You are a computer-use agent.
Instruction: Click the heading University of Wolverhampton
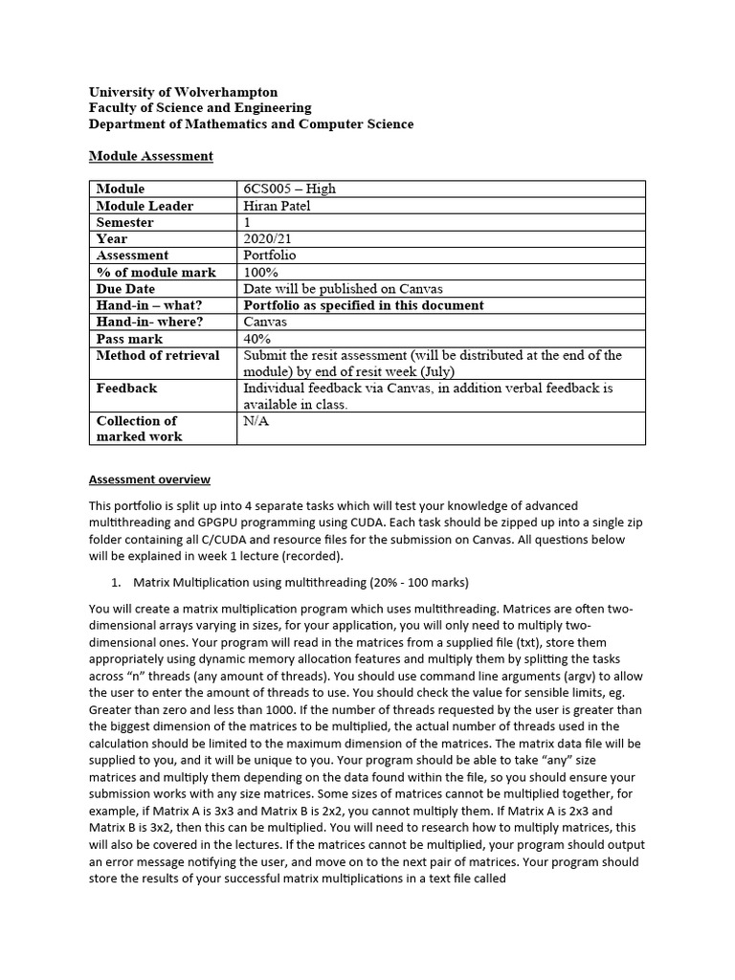click(x=183, y=92)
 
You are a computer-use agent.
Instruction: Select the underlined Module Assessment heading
click(x=150, y=155)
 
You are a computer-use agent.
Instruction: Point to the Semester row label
click(x=124, y=222)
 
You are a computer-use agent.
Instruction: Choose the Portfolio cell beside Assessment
click(x=270, y=256)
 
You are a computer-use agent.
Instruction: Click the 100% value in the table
click(x=261, y=272)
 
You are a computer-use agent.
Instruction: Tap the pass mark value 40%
click(x=257, y=339)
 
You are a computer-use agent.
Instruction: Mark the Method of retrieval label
click(x=158, y=355)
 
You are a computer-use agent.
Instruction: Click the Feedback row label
click(x=126, y=388)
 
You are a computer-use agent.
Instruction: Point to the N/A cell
click(x=257, y=421)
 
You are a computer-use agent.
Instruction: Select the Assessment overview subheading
click(x=149, y=479)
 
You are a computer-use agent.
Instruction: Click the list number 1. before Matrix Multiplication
click(x=118, y=581)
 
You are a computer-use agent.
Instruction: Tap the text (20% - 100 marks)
click(x=408, y=581)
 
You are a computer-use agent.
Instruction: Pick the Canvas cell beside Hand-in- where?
click(x=266, y=322)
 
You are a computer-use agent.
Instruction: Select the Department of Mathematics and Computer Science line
click(x=251, y=124)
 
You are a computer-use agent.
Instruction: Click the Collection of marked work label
click(x=139, y=428)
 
